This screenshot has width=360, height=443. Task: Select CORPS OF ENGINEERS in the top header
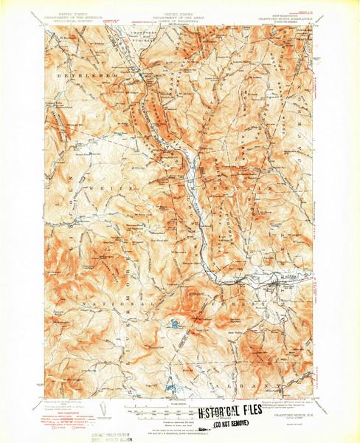(180, 22)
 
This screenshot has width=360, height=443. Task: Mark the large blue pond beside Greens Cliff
(174, 323)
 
